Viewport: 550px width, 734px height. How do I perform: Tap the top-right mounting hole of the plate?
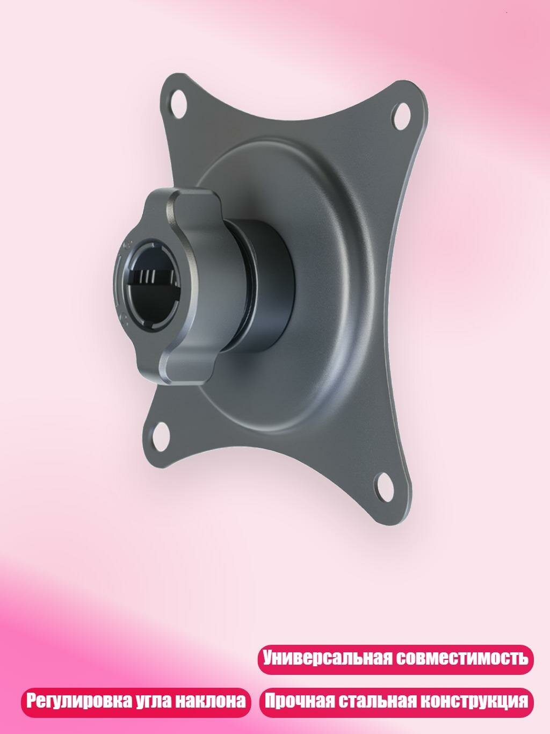click(x=401, y=116)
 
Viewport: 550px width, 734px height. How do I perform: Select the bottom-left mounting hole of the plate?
click(x=161, y=437)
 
